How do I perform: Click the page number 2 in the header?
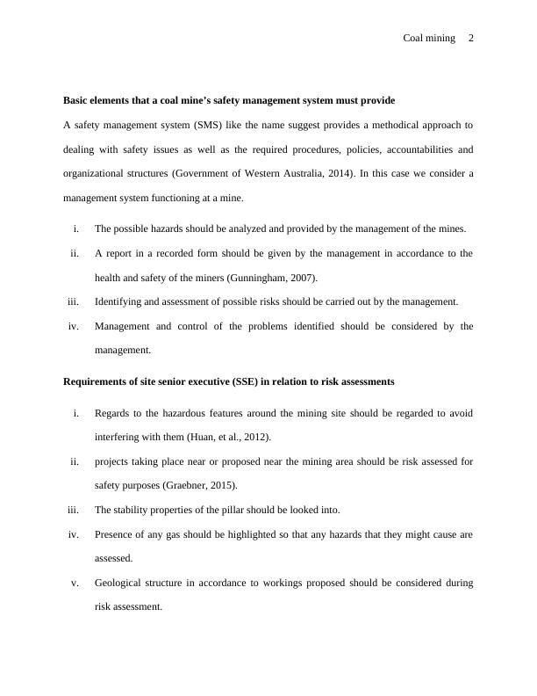[471, 38]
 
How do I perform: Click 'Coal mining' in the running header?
[429, 38]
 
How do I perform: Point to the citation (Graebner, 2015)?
[202, 484]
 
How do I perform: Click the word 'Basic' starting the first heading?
[76, 100]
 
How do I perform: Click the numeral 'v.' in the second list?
[75, 582]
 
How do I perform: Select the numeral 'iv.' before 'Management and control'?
[74, 326]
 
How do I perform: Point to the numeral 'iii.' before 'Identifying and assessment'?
[73, 301]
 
